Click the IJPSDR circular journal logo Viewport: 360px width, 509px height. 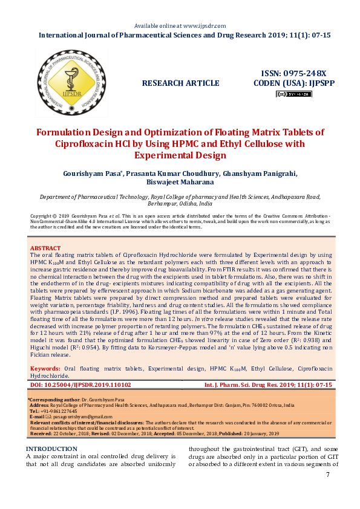click(67, 83)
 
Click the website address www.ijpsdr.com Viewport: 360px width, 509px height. click(204, 26)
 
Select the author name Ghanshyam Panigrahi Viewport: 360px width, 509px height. click(260, 173)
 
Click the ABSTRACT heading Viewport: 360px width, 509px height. click(45, 248)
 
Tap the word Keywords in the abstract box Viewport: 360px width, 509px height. click(44, 368)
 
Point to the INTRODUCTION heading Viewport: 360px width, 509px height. click(52, 449)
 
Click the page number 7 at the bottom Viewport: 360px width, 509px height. click(327, 475)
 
